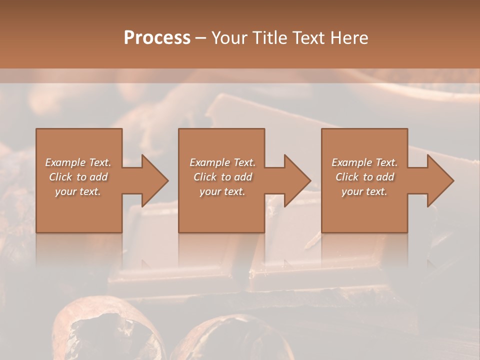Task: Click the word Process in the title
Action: point(157,38)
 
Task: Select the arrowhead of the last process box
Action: point(439,180)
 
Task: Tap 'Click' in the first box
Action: point(60,177)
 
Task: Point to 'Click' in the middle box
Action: point(205,177)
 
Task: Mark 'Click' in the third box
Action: point(347,177)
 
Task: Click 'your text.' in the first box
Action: point(78,191)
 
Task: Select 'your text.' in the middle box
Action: point(222,191)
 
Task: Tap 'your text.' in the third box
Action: point(364,191)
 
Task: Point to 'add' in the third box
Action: point(384,177)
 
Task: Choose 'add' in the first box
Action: point(98,177)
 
